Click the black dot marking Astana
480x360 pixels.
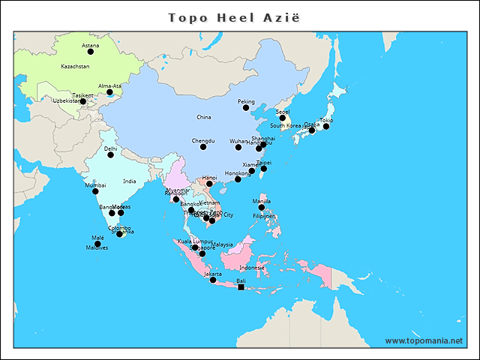pyautogui.click(x=91, y=52)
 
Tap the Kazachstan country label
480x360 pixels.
pyautogui.click(x=75, y=67)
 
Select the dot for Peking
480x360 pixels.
pyautogui.click(x=246, y=108)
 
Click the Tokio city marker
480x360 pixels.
pyautogui.click(x=326, y=126)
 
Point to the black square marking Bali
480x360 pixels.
pyautogui.click(x=241, y=287)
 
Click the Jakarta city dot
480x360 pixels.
pyautogui.click(x=213, y=280)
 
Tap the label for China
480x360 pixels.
pyautogui.click(x=204, y=118)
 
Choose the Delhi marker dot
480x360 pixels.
pyautogui.click(x=111, y=154)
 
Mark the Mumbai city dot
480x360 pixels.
pyautogui.click(x=95, y=191)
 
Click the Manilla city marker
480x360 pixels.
pyautogui.click(x=262, y=207)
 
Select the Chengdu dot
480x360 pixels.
pyautogui.click(x=203, y=147)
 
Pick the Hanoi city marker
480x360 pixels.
pyautogui.click(x=209, y=184)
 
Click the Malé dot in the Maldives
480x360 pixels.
pyautogui.click(x=97, y=244)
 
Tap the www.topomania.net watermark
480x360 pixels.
pyautogui.click(x=424, y=340)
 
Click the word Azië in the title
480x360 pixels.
pyautogui.click(x=286, y=16)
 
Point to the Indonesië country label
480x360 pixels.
pyautogui.click(x=252, y=268)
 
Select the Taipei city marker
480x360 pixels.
pyautogui.click(x=263, y=169)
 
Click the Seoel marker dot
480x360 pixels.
pyautogui.click(x=283, y=118)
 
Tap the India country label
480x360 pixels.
pyautogui.click(x=130, y=181)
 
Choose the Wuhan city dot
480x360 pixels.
pyautogui.click(x=238, y=147)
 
